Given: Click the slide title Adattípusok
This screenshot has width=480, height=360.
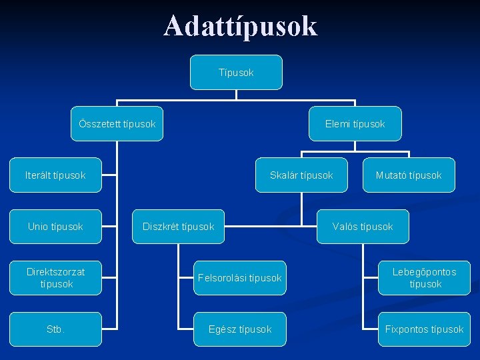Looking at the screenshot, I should pos(240,27).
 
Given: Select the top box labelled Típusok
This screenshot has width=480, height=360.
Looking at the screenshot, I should pos(236,72).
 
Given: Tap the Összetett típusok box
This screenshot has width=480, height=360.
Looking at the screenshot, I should pos(117,124).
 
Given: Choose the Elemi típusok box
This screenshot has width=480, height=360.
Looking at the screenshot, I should pos(355,124).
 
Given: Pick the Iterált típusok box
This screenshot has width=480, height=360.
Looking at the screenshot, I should pos(55,175).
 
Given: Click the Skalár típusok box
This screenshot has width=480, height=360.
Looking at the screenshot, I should pos(301,175).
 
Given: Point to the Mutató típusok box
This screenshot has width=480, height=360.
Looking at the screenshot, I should pos(409,175).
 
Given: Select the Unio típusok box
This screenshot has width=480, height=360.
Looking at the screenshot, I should pos(55,227).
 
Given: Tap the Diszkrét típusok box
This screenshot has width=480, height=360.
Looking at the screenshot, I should pos(179,227).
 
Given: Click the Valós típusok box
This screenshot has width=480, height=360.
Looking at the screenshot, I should pos(363,227).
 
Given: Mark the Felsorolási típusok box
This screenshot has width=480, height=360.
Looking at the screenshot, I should pos(239,278).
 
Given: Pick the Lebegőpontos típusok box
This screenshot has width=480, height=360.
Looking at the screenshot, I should pos(425,278).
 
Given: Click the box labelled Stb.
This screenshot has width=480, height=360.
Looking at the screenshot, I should pos(55,329).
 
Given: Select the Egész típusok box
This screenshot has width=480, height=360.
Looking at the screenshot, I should pos(239,329).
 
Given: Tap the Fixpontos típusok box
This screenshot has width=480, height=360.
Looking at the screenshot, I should pos(425,329).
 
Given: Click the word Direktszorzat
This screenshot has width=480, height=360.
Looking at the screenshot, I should pos(57,272).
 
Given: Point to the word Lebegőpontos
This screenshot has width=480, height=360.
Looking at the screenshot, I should pos(425,272).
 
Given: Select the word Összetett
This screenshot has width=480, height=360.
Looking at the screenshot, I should pos(99,124).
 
